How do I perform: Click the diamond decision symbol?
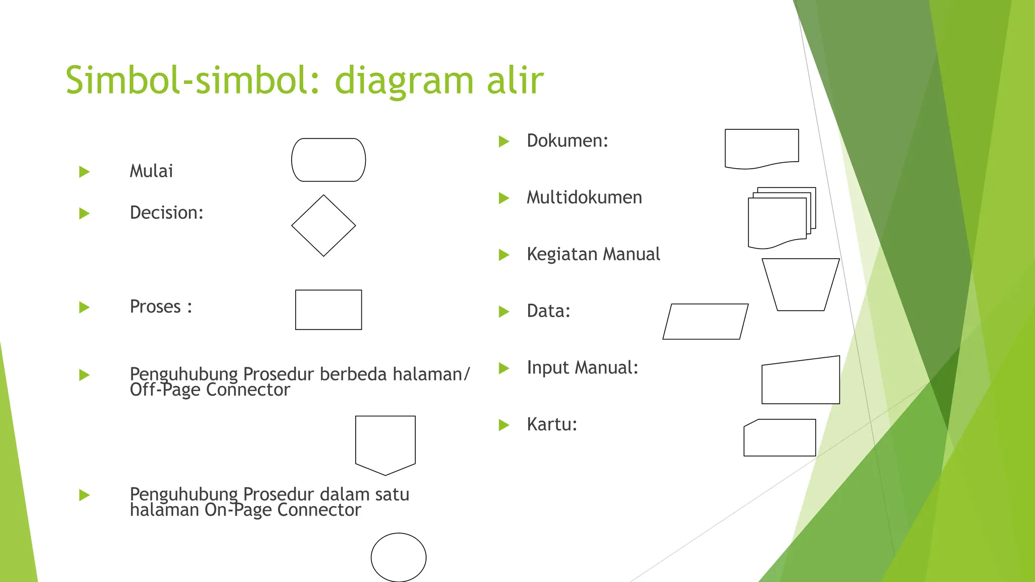[323, 226]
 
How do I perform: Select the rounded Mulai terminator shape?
[328, 160]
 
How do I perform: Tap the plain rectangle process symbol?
[328, 310]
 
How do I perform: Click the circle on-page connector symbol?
[398, 557]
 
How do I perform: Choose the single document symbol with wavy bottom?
[762, 147]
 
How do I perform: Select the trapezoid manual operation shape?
[801, 284]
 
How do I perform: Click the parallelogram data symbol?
[705, 321]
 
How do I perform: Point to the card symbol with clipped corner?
[780, 438]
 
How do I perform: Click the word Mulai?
[151, 171]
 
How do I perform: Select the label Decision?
[166, 213]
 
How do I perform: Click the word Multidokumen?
[584, 198]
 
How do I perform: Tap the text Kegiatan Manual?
[593, 254]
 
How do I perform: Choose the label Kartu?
[551, 424]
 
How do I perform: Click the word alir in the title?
[515, 80]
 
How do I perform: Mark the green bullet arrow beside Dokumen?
[503, 141]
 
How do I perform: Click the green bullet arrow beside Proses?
[84, 307]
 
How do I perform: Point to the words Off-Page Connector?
[210, 390]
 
